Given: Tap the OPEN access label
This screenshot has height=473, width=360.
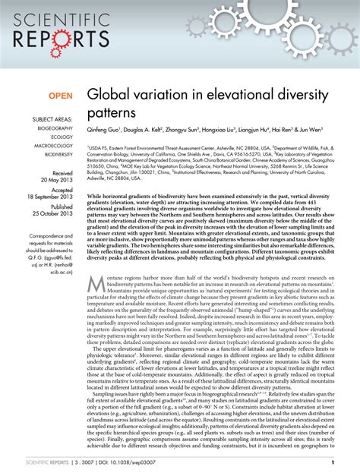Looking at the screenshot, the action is click(x=61, y=97).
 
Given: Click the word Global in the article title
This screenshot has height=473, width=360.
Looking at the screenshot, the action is click(x=109, y=97).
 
